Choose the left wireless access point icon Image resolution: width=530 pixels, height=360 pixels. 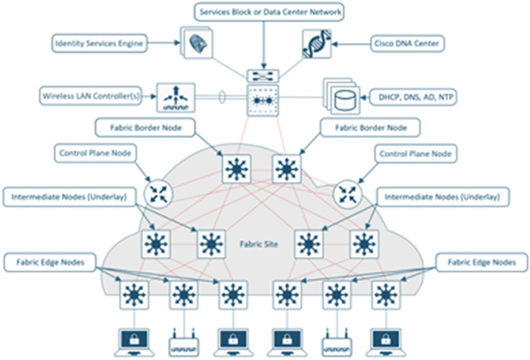185,340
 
